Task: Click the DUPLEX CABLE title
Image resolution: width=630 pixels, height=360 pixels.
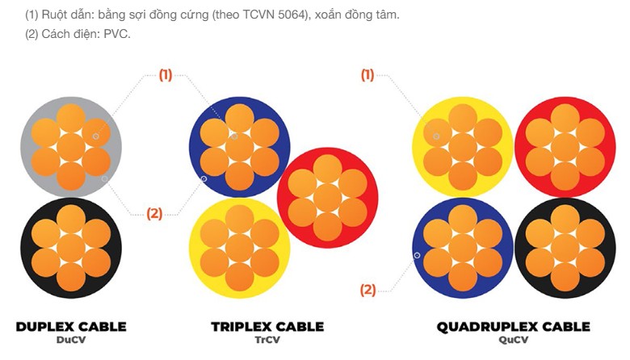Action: pos(71,327)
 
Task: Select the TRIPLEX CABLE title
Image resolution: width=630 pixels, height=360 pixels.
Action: pos(267,327)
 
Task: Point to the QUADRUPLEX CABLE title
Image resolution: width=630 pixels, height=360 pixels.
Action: pos(514,327)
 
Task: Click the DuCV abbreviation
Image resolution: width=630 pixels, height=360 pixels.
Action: pos(71,340)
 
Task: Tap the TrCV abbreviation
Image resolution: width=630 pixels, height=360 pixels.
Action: pos(267,340)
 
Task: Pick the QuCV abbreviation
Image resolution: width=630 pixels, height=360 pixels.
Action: pos(514,340)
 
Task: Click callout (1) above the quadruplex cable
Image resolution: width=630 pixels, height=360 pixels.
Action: pos(367,74)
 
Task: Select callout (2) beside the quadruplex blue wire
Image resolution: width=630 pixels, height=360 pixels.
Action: pos(367,290)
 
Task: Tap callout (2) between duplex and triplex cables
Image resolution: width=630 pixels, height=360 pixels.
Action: pos(155,213)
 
